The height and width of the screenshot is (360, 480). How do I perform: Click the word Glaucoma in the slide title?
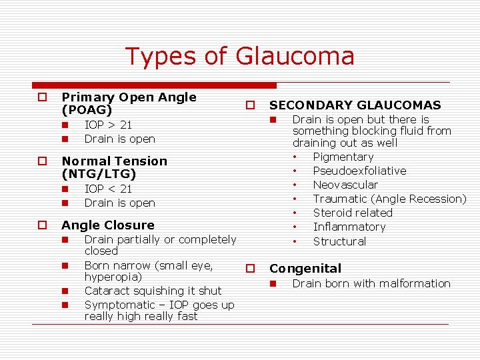point(295,56)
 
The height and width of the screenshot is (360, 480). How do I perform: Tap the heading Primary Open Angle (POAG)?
point(129,103)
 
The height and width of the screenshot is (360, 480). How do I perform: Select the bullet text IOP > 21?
point(108,125)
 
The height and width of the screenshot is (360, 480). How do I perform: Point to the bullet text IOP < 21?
point(108,189)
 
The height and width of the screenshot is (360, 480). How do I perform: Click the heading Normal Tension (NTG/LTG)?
point(114,167)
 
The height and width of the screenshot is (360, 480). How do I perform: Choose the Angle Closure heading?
point(107,225)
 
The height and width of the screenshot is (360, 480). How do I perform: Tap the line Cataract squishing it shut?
point(153,291)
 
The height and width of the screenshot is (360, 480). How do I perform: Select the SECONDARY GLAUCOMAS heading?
point(355,105)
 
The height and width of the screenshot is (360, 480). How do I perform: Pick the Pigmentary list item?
point(343,157)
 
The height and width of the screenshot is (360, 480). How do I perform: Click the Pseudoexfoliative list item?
point(359,171)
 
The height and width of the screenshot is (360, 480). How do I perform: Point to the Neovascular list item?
point(345,185)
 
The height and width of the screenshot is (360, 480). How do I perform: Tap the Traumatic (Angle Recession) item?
point(389,199)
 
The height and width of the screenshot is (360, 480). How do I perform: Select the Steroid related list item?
point(353,213)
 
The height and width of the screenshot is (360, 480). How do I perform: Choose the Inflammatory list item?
point(349,227)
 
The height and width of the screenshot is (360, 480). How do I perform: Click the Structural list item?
point(339,241)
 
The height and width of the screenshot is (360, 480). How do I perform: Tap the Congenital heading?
point(305,269)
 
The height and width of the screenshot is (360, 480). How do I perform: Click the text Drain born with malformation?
point(371,283)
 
